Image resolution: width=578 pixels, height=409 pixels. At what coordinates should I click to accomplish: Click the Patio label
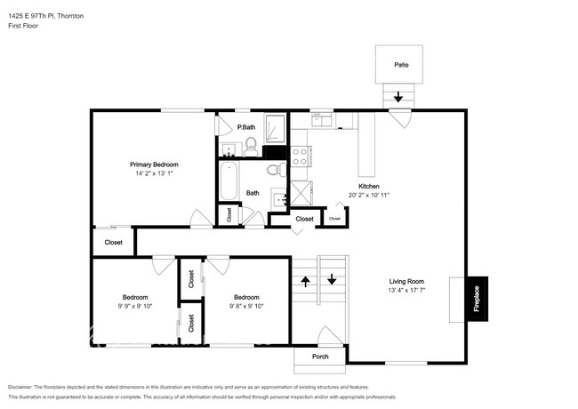(x=401, y=64)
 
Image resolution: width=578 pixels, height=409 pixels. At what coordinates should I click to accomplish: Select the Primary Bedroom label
(x=154, y=164)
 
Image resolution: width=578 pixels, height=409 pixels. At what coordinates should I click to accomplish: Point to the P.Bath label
(x=246, y=127)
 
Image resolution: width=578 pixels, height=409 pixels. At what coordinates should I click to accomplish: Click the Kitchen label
(x=369, y=186)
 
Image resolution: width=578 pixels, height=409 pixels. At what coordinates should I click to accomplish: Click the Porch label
(x=320, y=357)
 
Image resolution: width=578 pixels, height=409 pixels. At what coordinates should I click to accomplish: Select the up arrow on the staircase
(x=305, y=281)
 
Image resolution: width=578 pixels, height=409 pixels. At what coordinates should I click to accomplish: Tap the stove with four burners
(x=301, y=156)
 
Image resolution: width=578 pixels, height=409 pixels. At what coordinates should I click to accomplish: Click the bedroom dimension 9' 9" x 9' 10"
(x=135, y=306)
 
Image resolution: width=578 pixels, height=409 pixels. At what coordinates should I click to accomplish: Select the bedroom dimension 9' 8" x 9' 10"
(x=246, y=306)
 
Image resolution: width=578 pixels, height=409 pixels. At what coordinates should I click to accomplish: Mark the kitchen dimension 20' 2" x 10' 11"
(x=369, y=195)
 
